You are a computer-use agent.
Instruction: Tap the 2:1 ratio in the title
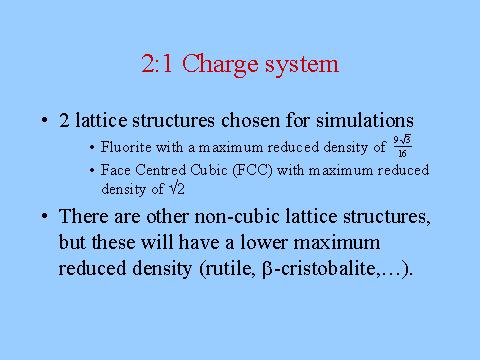point(157,63)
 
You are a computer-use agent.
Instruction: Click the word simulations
point(365,120)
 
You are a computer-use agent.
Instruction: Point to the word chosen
point(250,120)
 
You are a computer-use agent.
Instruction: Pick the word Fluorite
point(126,147)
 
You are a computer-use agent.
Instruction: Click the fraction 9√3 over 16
point(402,146)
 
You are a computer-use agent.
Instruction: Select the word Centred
point(161,170)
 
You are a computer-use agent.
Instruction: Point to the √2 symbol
point(177,189)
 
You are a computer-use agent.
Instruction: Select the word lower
point(263,242)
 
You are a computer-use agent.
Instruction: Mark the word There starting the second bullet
point(84,216)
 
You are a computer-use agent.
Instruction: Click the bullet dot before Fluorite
point(92,148)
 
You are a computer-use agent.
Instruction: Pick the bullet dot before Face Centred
point(92,171)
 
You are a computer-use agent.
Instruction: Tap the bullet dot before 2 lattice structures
point(44,120)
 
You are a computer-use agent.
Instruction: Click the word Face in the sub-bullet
point(116,170)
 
